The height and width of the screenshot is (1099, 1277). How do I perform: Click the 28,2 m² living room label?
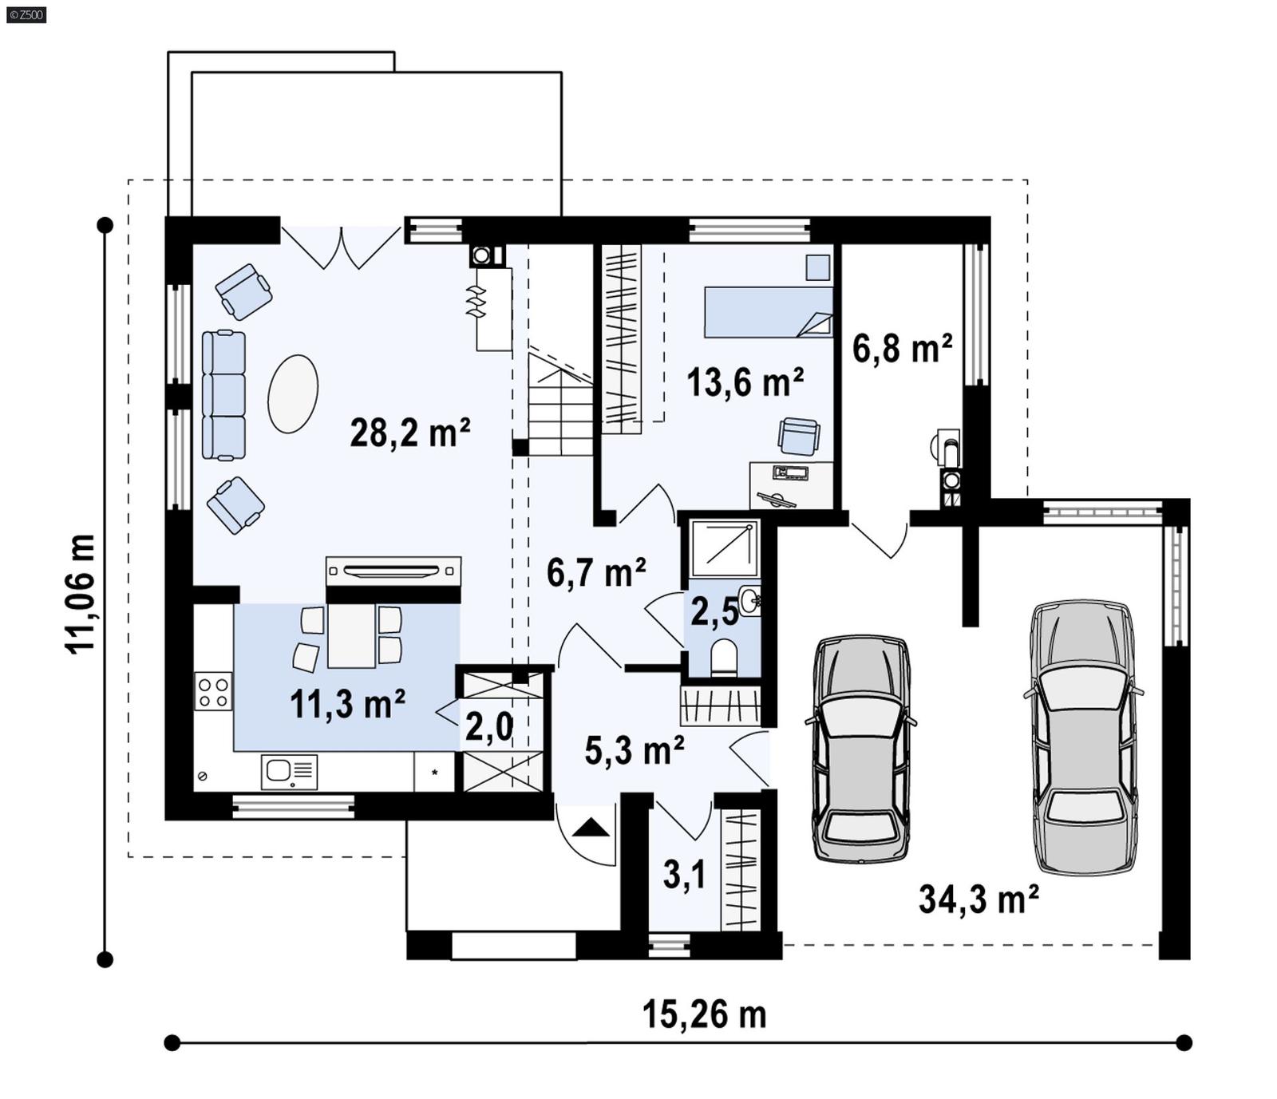pyautogui.click(x=409, y=433)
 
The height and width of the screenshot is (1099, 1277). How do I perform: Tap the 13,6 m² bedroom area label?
pyautogui.click(x=745, y=382)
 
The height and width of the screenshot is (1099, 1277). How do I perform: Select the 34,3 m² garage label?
pyautogui.click(x=979, y=899)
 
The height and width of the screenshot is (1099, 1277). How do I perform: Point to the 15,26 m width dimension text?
pyautogui.click(x=704, y=1014)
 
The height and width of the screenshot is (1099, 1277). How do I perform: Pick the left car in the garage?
pyautogui.click(x=860, y=748)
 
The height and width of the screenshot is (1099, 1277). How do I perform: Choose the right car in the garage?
pyautogui.click(x=1083, y=737)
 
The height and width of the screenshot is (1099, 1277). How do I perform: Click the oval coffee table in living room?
pyautogui.click(x=293, y=393)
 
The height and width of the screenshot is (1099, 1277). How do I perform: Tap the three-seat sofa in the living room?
pyautogui.click(x=223, y=395)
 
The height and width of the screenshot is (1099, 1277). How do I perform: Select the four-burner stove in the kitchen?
pyautogui.click(x=213, y=691)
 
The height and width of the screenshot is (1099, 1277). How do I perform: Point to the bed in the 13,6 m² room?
pyautogui.click(x=767, y=312)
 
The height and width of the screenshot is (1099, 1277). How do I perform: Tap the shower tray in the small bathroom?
pyautogui.click(x=724, y=548)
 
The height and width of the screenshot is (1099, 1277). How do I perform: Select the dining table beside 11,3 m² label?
pyautogui.click(x=351, y=635)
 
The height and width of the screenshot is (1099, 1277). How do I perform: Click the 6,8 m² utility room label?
pyautogui.click(x=902, y=349)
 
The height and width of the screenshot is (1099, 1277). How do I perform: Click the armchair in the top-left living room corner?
pyautogui.click(x=243, y=291)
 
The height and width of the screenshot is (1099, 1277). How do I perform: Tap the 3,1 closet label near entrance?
pyautogui.click(x=684, y=875)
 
